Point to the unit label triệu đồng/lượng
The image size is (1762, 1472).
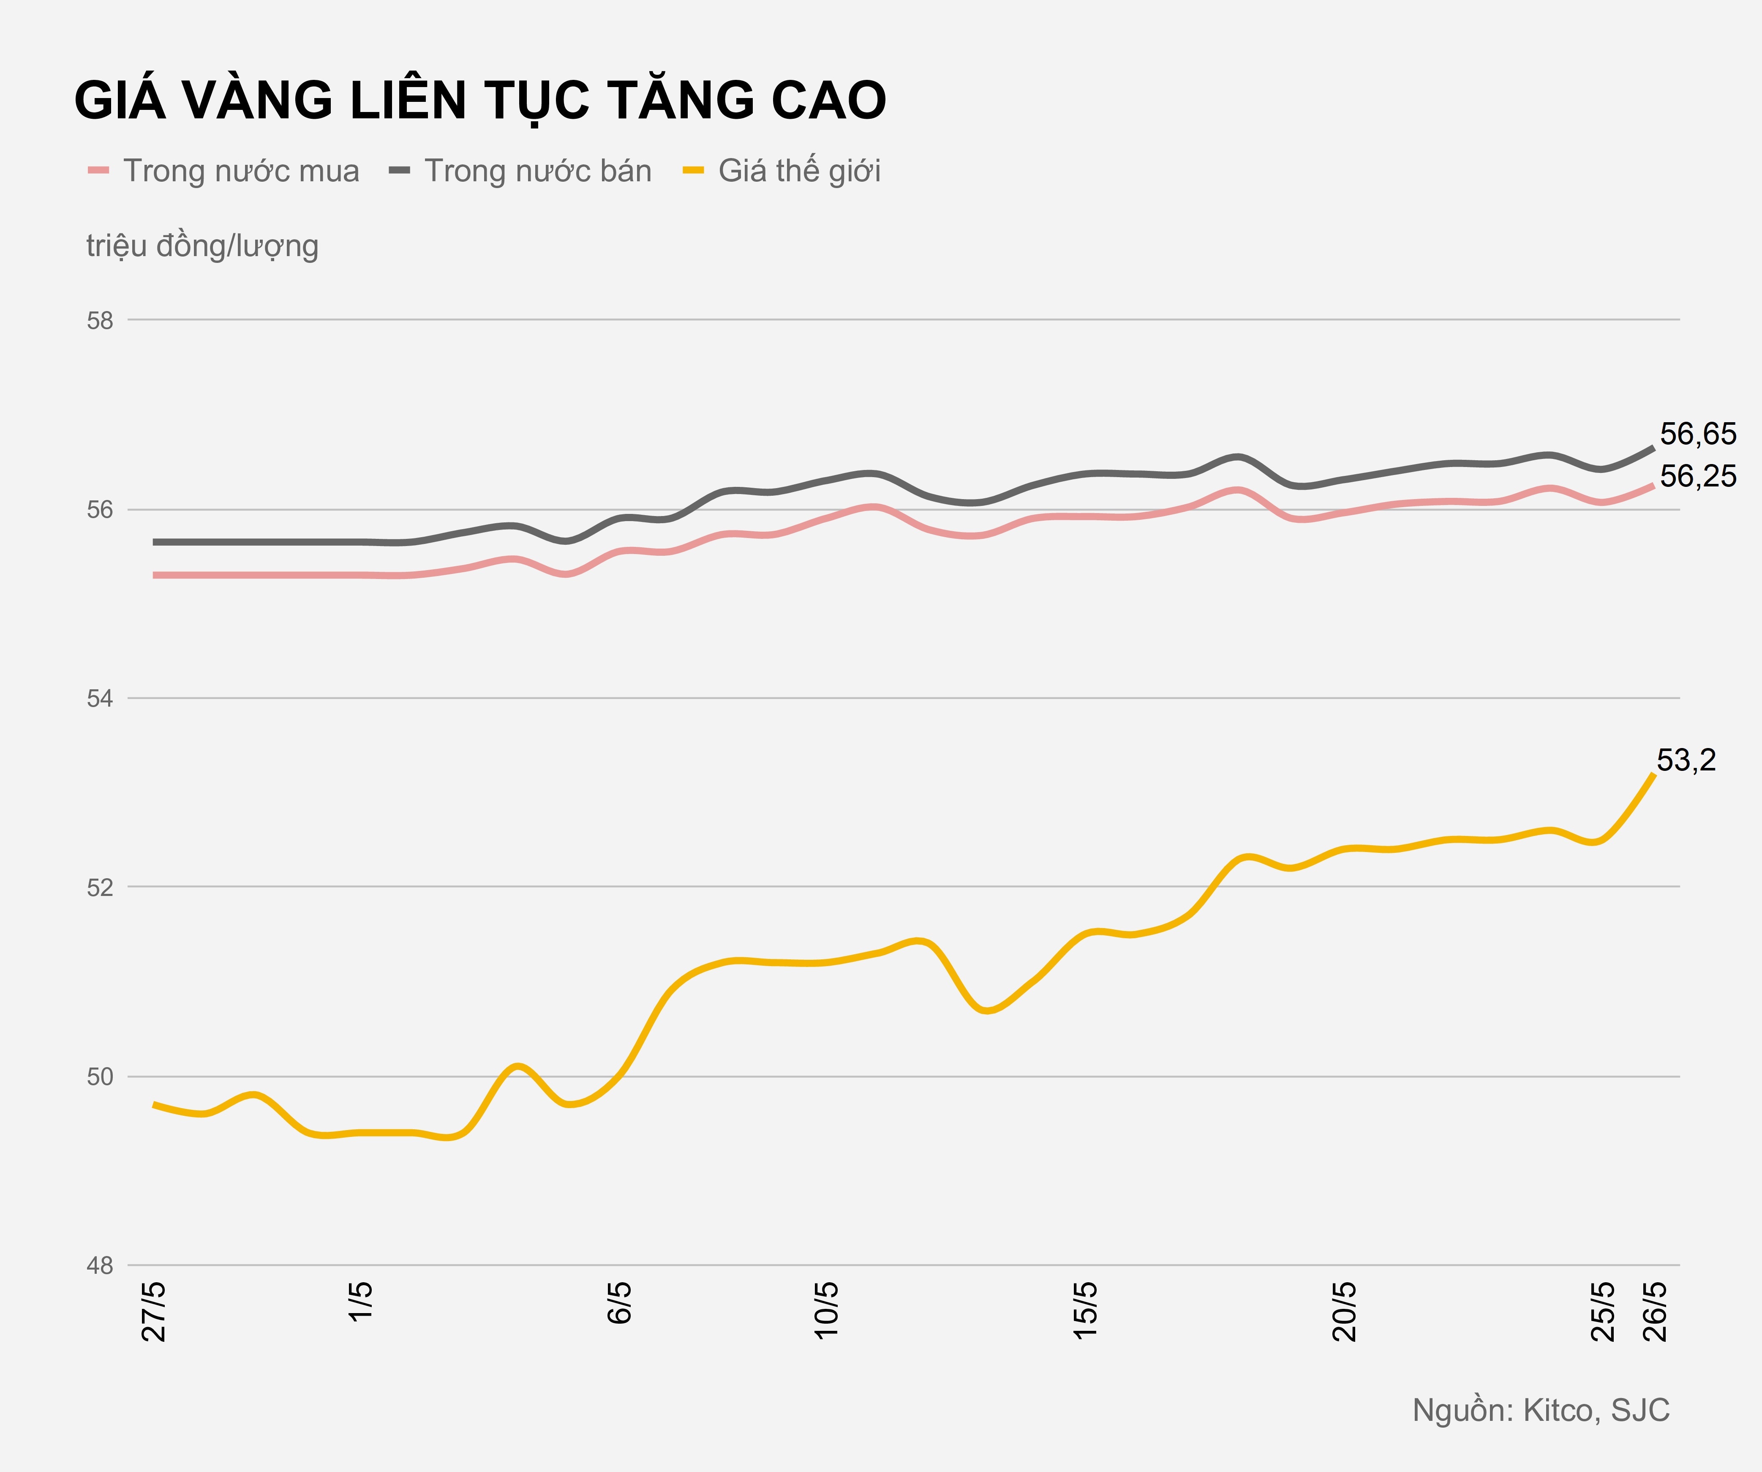pyautogui.click(x=202, y=246)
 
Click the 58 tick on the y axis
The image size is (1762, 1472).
pyautogui.click(x=100, y=321)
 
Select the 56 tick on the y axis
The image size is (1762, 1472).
pyautogui.click(x=100, y=510)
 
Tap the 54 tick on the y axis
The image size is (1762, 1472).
pyautogui.click(x=100, y=698)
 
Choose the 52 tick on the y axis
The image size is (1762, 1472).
pyautogui.click(x=100, y=888)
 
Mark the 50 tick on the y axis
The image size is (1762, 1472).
pyautogui.click(x=100, y=1077)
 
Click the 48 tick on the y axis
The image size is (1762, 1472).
pyautogui.click(x=100, y=1266)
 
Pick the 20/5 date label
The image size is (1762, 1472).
pyautogui.click(x=1344, y=1311)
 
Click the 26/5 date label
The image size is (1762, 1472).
pyautogui.click(x=1655, y=1311)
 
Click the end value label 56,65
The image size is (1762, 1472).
pyautogui.click(x=1697, y=434)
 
